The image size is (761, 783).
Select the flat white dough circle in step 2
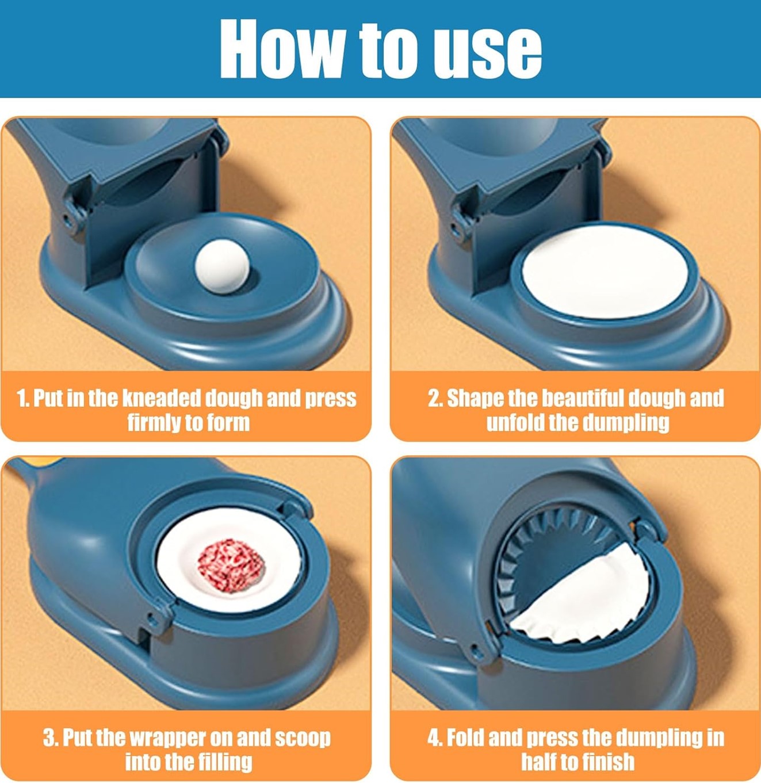click(x=605, y=271)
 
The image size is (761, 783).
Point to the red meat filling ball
click(x=231, y=566)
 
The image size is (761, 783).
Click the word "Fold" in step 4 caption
click(x=465, y=738)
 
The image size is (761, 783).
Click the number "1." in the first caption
click(x=22, y=398)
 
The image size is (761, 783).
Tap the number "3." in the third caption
click(x=51, y=738)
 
